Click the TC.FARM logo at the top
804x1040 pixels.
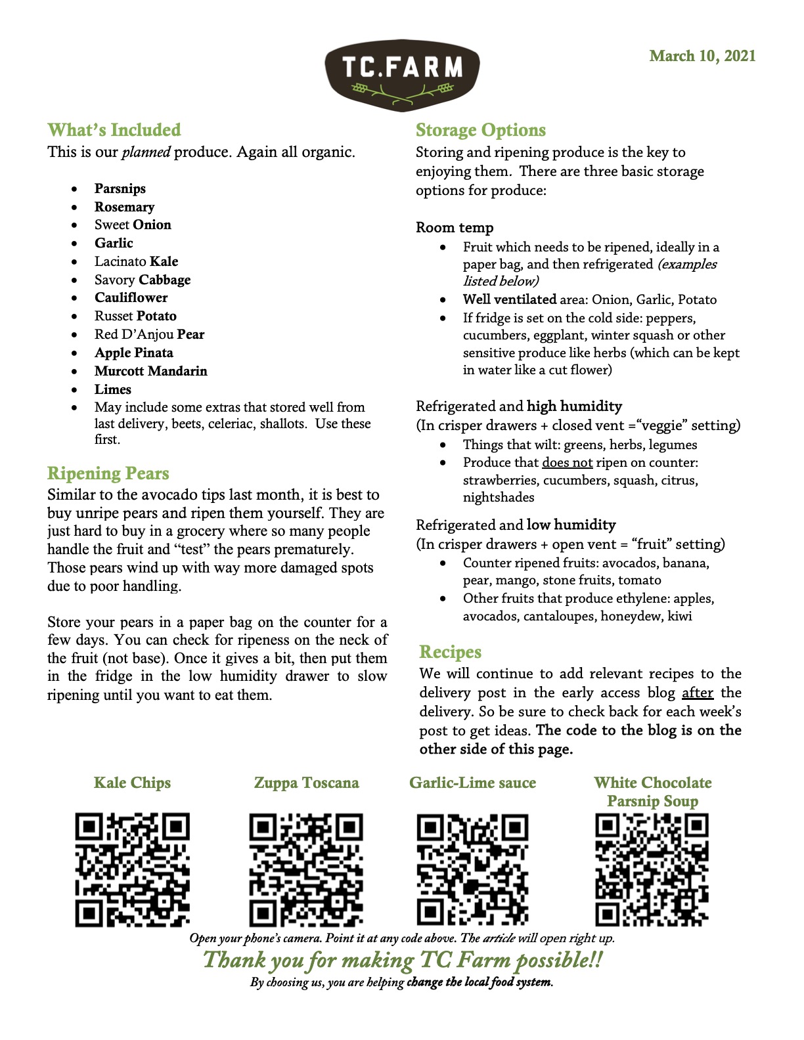pyautogui.click(x=402, y=74)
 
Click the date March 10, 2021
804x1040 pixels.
pyautogui.click(x=702, y=56)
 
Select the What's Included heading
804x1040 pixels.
pyautogui.click(x=114, y=130)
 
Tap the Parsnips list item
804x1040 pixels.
pyautogui.click(x=120, y=188)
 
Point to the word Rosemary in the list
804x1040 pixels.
pyautogui.click(x=124, y=207)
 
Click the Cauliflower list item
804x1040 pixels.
pyautogui.click(x=131, y=297)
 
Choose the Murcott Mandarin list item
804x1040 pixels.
pyautogui.click(x=150, y=371)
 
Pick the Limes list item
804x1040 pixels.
pyautogui.click(x=112, y=389)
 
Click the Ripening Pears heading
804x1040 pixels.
pyautogui.click(x=108, y=473)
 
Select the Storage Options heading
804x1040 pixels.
pyautogui.click(x=481, y=130)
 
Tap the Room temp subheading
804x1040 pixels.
pyautogui.click(x=455, y=228)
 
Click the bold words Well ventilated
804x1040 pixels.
pyautogui.click(x=509, y=299)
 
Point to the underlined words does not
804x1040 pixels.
pyautogui.click(x=567, y=462)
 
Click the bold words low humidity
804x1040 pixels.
pyautogui.click(x=571, y=525)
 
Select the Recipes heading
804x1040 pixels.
pyautogui.click(x=451, y=652)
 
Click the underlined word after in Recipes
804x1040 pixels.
pyautogui.click(x=698, y=693)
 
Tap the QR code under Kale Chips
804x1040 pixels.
pyautogui.click(x=133, y=870)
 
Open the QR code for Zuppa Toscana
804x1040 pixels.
pyautogui.click(x=306, y=870)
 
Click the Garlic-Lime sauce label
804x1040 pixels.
pyautogui.click(x=472, y=783)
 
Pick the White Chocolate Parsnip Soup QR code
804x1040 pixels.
pyautogui.click(x=652, y=870)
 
